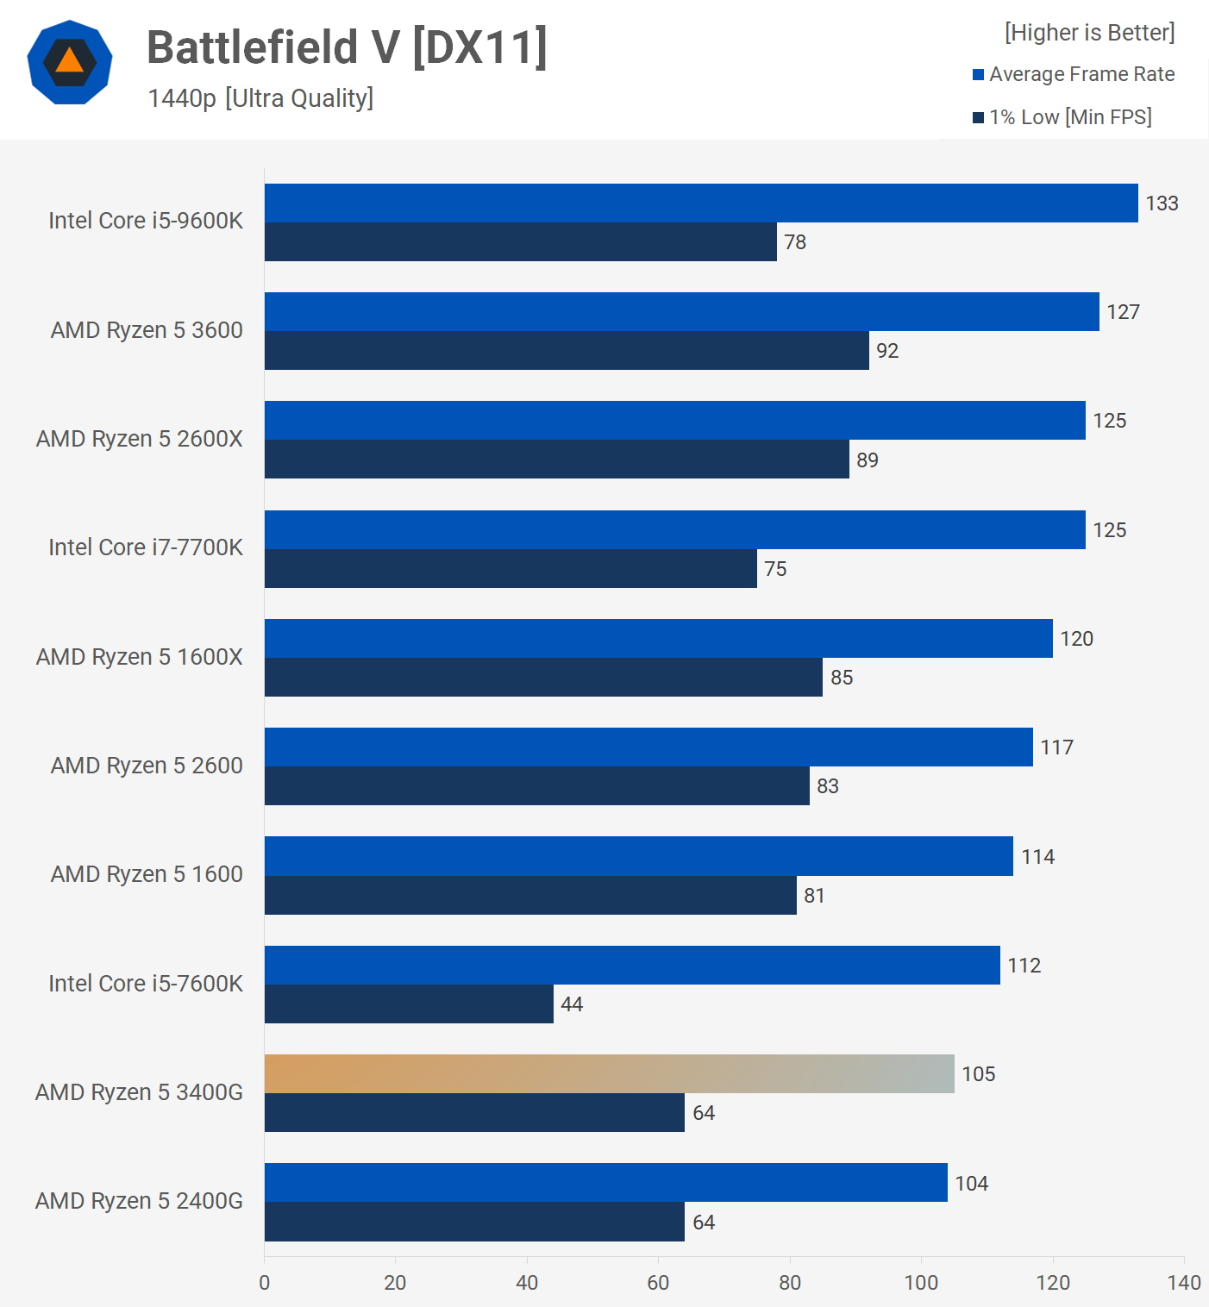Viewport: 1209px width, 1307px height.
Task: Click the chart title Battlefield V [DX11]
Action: click(x=347, y=47)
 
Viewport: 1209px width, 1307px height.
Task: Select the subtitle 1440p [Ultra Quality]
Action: click(x=260, y=98)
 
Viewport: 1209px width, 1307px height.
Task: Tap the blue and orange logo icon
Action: click(x=70, y=62)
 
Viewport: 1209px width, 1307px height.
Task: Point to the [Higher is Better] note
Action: click(x=1089, y=33)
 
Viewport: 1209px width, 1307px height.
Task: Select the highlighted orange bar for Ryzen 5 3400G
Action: click(x=609, y=1073)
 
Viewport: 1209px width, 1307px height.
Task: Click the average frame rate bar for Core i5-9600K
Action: click(x=700, y=203)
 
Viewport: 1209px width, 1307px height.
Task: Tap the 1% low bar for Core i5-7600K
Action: click(x=409, y=1004)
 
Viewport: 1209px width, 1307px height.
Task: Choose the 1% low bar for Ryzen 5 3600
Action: click(x=567, y=350)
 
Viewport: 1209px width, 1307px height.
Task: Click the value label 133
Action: click(x=1162, y=203)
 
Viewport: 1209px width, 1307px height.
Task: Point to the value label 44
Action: click(x=572, y=1004)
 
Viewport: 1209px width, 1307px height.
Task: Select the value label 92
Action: click(x=887, y=351)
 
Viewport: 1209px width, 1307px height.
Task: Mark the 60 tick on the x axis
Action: click(x=658, y=1283)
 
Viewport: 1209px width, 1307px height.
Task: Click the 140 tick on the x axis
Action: click(x=1184, y=1283)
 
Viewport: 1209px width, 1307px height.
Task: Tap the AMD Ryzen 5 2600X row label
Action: click(x=139, y=439)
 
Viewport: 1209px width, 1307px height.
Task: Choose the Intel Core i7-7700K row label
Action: click(x=146, y=547)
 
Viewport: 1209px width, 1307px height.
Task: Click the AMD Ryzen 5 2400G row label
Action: click(x=139, y=1201)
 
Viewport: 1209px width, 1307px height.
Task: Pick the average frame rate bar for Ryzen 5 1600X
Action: click(x=658, y=638)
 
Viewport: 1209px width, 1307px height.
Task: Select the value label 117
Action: click(x=1056, y=747)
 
